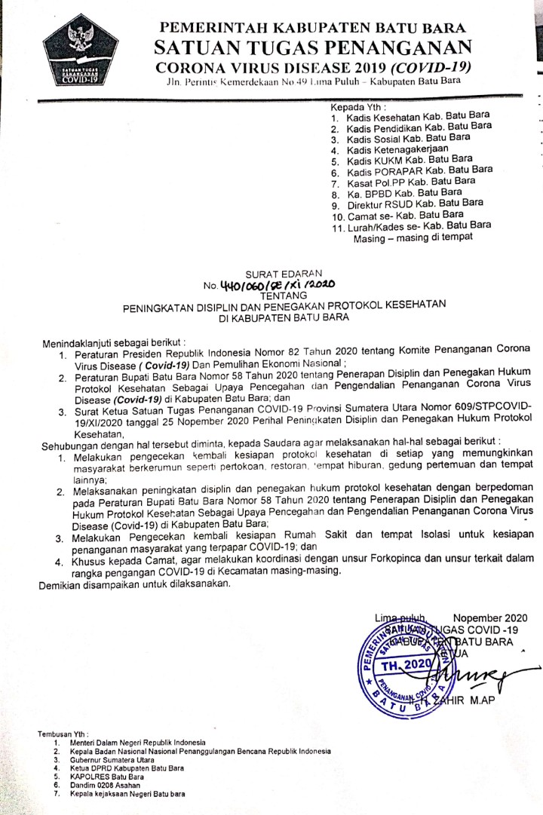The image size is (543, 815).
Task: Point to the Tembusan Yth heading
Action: tap(63, 734)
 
